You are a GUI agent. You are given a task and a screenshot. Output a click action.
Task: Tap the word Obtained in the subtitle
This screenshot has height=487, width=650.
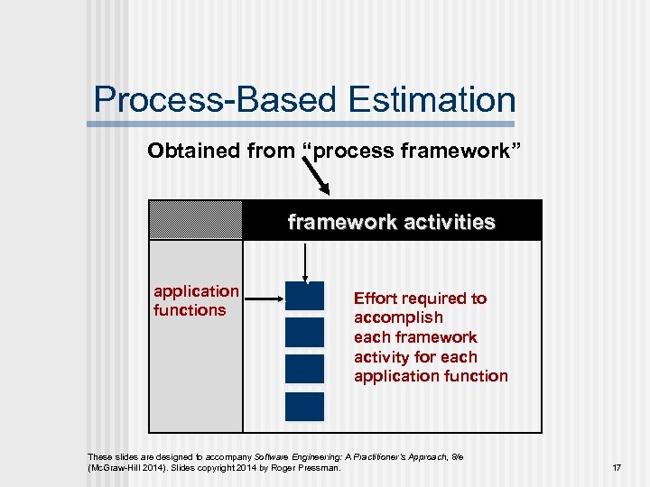185,151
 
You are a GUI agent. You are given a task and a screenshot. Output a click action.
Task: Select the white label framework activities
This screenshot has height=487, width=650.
391,222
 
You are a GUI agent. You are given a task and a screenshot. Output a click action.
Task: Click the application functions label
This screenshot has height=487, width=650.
196,300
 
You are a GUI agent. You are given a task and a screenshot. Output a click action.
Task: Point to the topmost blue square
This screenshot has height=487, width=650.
304,297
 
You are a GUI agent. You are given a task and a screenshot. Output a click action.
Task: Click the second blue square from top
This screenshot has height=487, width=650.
304,333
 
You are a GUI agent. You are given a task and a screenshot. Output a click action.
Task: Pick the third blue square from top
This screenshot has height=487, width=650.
304,369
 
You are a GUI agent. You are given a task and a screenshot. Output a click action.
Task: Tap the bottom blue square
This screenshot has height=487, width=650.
304,406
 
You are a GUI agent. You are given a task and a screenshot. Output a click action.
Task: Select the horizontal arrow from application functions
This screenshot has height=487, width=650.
263,297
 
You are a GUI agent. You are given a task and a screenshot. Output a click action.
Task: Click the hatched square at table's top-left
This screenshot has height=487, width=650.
196,220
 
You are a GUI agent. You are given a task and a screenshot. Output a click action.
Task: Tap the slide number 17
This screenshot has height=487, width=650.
616,468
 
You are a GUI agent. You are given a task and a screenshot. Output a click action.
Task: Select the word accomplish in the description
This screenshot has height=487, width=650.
398,317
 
